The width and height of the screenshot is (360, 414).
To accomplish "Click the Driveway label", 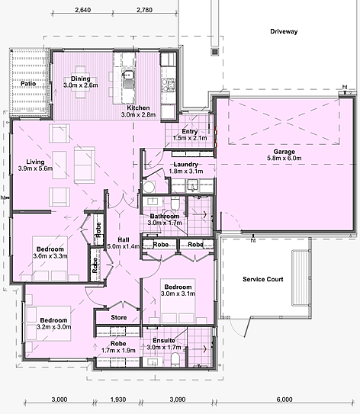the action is click(x=284, y=31).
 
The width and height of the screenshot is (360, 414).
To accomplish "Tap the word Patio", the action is click(x=28, y=83).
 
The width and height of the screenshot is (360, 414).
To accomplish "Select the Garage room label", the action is click(x=284, y=152).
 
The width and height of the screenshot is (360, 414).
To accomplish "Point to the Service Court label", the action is click(x=263, y=279).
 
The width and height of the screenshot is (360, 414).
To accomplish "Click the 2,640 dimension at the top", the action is click(x=83, y=10).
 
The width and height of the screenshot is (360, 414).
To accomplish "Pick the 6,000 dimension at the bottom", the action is click(x=284, y=400).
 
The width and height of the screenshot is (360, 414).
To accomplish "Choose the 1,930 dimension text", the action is click(x=118, y=400).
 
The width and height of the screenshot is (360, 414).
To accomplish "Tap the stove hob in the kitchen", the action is click(x=169, y=85).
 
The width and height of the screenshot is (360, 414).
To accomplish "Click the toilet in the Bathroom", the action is click(x=175, y=204).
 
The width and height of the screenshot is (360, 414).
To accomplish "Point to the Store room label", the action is click(x=118, y=317).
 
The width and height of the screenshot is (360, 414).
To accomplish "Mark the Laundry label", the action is click(x=185, y=164).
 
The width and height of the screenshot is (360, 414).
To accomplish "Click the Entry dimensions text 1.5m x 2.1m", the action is click(x=190, y=138).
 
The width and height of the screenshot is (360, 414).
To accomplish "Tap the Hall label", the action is click(x=124, y=239).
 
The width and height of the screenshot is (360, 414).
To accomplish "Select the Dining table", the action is click(x=81, y=82).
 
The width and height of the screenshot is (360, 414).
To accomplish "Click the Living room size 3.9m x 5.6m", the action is click(x=35, y=168).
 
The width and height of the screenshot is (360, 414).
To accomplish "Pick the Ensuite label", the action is click(x=164, y=341).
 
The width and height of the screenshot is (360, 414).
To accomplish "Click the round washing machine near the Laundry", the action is click(x=149, y=188).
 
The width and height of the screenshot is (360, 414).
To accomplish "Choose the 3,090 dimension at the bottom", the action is click(x=177, y=400).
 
